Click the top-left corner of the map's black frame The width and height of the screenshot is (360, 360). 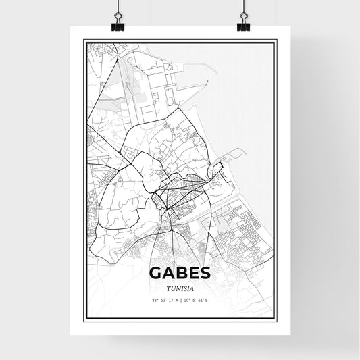(x=84, y=41)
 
